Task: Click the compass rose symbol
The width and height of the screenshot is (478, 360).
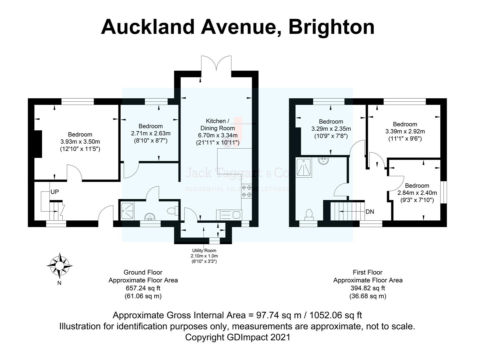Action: (60, 266)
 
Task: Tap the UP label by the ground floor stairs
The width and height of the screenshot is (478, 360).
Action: (55, 192)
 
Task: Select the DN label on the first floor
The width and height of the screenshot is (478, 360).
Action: (370, 212)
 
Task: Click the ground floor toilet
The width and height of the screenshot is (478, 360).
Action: (173, 211)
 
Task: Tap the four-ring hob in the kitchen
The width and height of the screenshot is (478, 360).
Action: (247, 191)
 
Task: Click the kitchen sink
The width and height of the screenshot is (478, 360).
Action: (229, 214)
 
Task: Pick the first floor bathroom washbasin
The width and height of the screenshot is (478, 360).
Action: (323, 161)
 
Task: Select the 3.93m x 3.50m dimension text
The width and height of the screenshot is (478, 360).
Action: (80, 142)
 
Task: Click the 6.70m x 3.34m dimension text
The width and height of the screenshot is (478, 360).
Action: (218, 135)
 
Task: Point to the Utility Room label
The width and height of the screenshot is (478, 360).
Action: (204, 251)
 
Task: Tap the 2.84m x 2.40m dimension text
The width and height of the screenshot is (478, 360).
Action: (417, 193)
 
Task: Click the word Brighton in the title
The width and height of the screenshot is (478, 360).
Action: (331, 27)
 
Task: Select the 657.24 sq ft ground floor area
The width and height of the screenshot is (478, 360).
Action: (143, 288)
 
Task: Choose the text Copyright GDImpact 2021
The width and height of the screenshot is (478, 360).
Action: (238, 337)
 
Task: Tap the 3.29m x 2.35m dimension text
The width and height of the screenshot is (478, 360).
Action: (331, 129)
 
